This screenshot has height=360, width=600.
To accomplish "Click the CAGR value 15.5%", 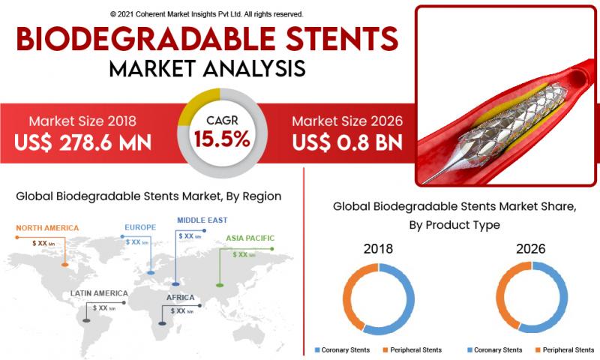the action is pyautogui.click(x=222, y=139).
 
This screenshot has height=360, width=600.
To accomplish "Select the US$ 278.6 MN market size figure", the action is pyautogui.click(x=83, y=142).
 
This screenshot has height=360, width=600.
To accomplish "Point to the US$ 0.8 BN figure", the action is pyautogui.click(x=347, y=142).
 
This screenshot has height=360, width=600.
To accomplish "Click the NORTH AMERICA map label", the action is pyautogui.click(x=47, y=228).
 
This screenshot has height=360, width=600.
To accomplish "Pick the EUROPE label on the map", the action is pyautogui.click(x=140, y=227).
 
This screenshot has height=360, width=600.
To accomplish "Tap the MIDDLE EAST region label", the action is pyautogui.click(x=202, y=220).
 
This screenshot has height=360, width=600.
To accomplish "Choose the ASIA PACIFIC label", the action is pyautogui.click(x=250, y=238).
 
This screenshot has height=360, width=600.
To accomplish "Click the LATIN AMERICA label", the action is pyautogui.click(x=99, y=293).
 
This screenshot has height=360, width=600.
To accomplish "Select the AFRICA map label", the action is pyautogui.click(x=180, y=298).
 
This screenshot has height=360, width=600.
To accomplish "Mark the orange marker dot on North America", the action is pyautogui.click(x=65, y=265).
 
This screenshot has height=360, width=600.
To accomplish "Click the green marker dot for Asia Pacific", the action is pyautogui.click(x=220, y=286).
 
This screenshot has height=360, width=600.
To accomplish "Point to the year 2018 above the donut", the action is pyautogui.click(x=378, y=249).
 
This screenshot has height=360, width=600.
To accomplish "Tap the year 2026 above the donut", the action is pyautogui.click(x=531, y=249).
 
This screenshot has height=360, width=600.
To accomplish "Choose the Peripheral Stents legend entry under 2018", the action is pyautogui.click(x=412, y=350).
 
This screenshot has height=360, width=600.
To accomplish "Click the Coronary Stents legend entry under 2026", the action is pyautogui.click(x=495, y=350).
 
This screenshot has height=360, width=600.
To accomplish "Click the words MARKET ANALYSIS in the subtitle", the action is pyautogui.click(x=208, y=68).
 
